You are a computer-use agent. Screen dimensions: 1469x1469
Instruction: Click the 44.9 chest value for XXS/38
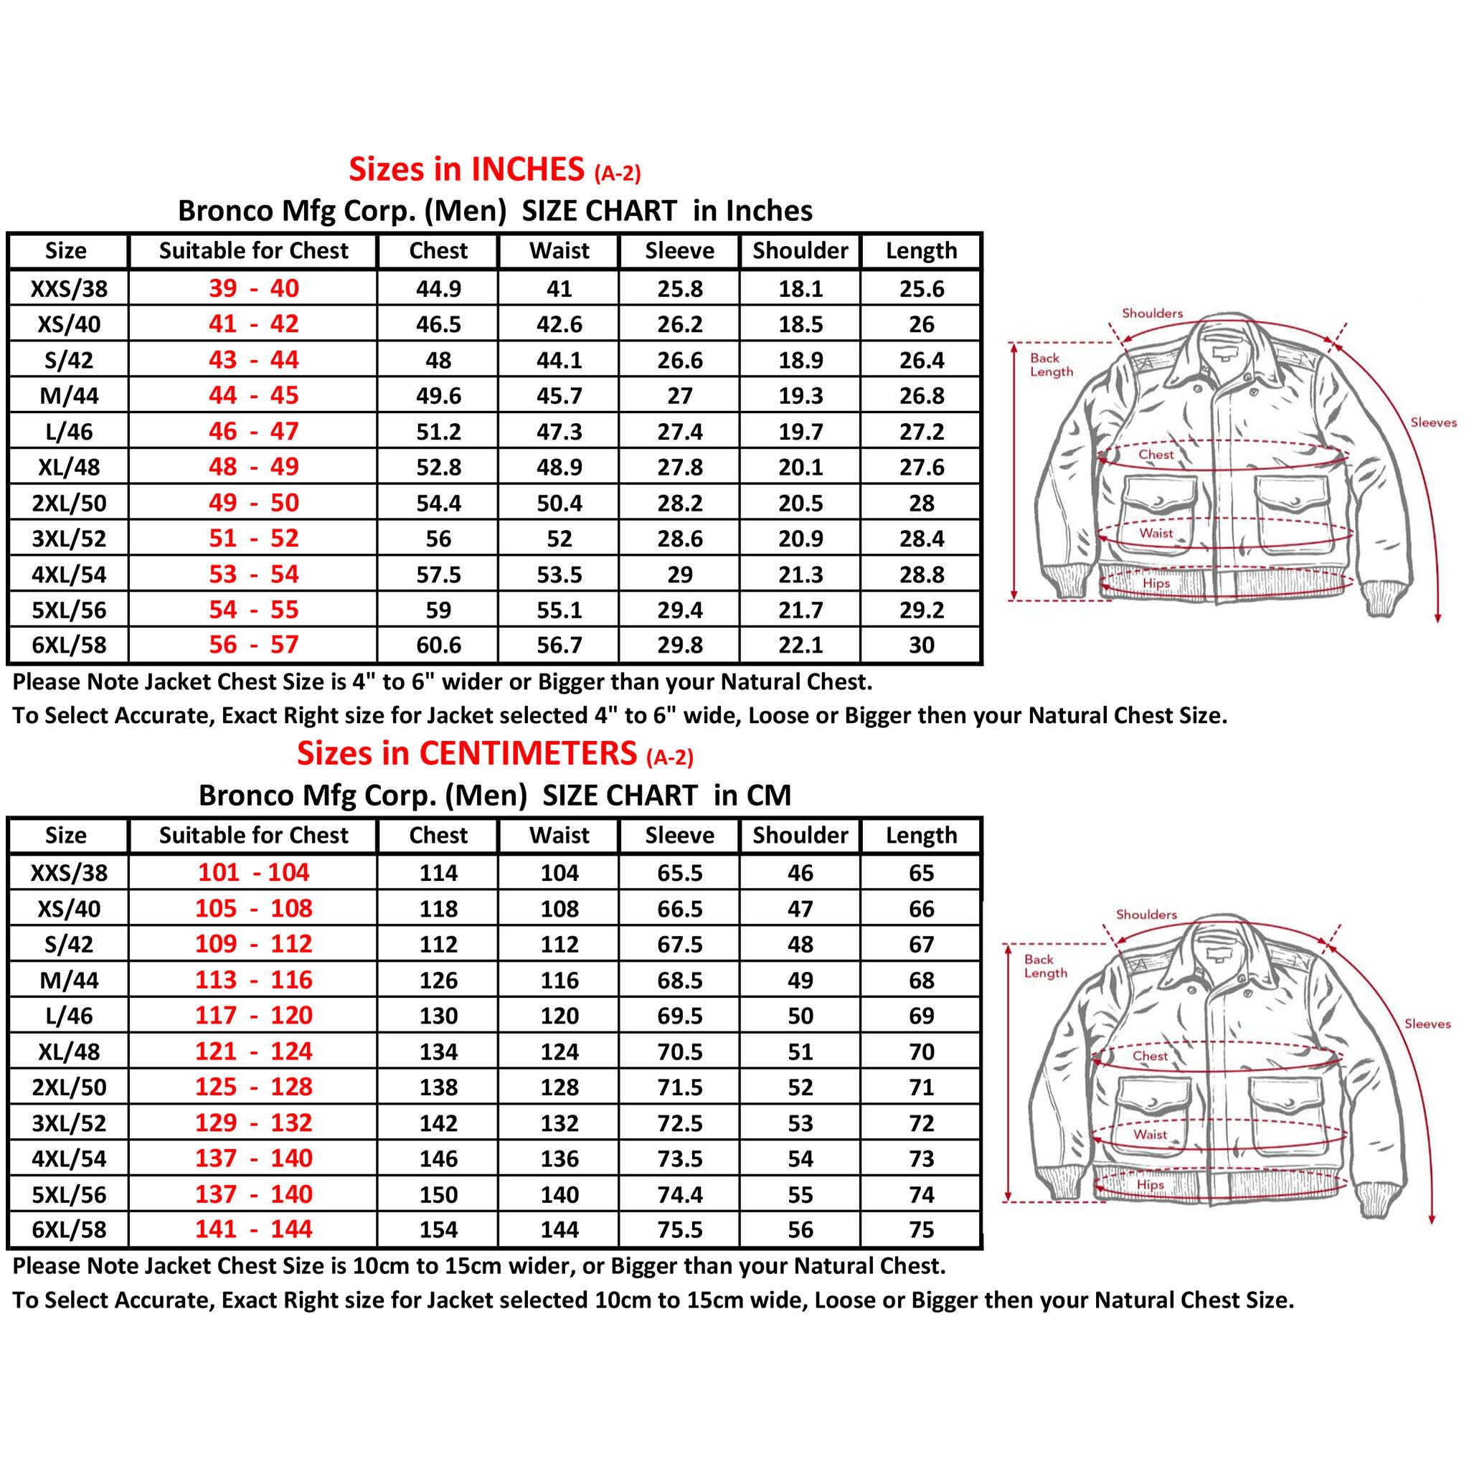438,289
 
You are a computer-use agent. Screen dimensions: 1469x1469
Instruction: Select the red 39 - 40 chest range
254,288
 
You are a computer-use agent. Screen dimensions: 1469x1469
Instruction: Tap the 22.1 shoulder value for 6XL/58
800,645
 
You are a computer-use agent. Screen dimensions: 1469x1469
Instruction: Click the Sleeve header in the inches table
679,251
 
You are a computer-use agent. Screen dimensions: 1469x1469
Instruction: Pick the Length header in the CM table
921,835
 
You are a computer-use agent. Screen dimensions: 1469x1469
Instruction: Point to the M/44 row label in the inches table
68,396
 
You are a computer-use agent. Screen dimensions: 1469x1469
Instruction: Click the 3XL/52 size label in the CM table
68,1123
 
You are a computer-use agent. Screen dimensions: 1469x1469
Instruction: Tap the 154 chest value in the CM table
438,1229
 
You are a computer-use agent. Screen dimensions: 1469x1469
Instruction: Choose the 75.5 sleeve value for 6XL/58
679,1229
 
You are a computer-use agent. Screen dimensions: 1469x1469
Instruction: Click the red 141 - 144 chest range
254,1229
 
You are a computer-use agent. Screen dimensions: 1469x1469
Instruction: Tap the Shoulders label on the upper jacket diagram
1152,313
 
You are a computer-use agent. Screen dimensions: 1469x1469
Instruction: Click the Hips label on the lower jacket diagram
1150,1185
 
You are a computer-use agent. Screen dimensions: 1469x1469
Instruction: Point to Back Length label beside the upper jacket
1051,365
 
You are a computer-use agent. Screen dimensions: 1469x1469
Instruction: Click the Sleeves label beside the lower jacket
1427,1024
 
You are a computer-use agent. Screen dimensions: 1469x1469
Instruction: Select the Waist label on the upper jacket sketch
1156,533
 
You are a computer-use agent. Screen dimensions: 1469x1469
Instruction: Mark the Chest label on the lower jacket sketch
1150,1055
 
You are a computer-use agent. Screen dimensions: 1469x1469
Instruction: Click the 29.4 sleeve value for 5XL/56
679,610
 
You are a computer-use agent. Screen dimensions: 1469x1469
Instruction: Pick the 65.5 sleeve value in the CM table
679,873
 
